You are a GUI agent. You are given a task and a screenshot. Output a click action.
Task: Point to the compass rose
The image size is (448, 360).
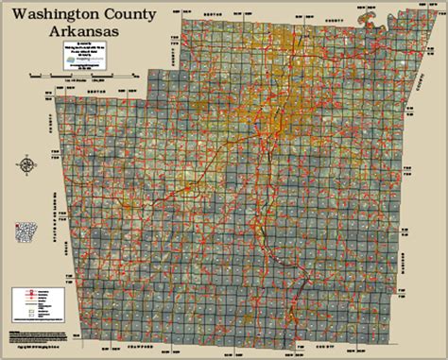[26, 164]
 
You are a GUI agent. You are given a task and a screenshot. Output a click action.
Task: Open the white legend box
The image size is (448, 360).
[29, 300]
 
